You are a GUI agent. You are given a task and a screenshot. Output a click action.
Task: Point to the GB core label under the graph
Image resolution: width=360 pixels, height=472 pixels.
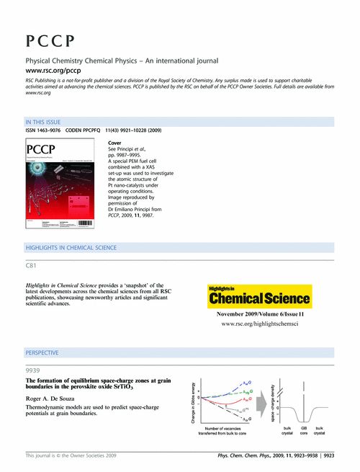coord(304,434)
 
